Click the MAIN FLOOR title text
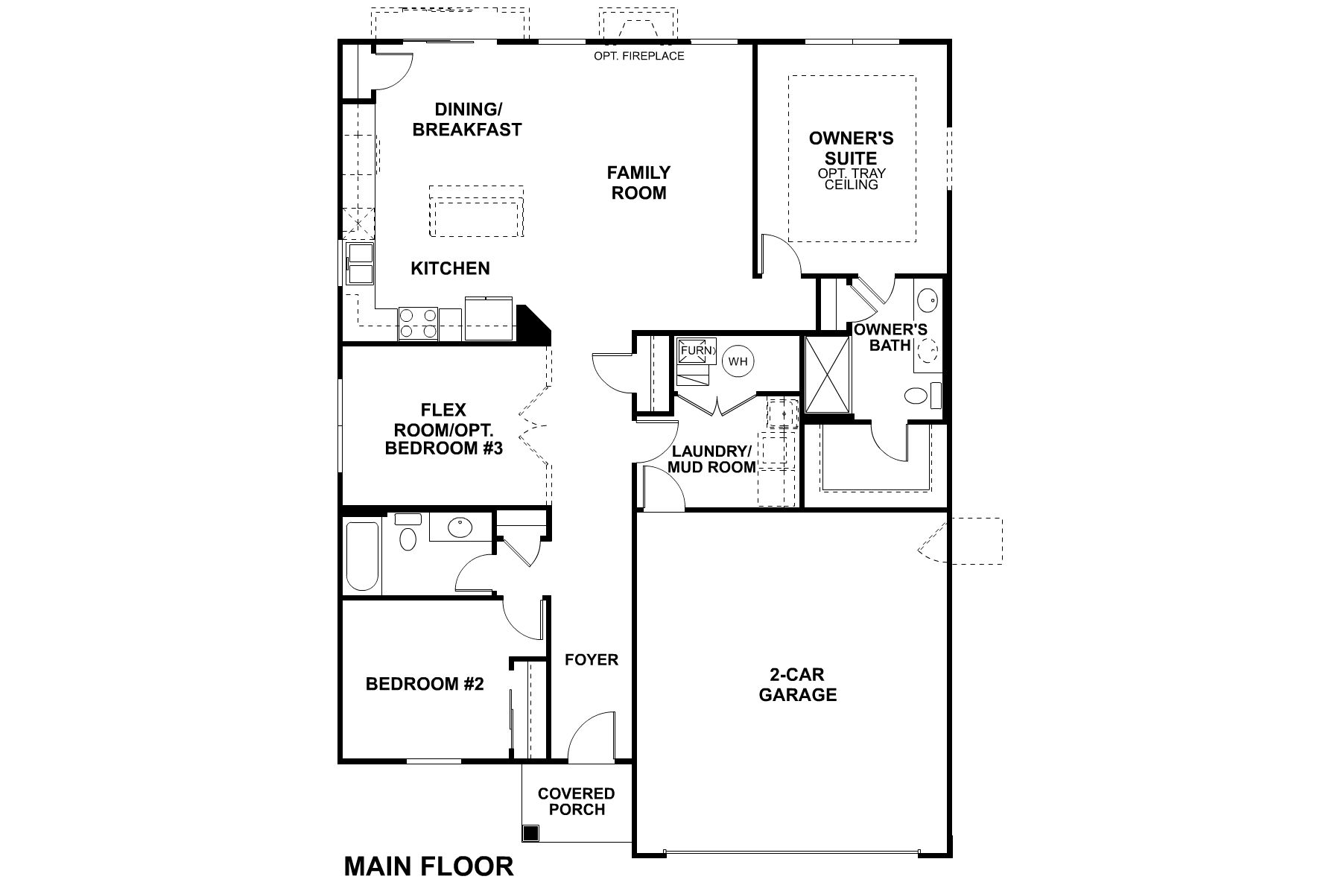pos(428,866)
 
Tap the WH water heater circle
pos(738,361)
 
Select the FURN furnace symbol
pos(696,351)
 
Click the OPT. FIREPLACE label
pos(638,56)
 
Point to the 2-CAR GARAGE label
pos(797,685)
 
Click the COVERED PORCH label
pos(576,802)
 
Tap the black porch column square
pos(530,833)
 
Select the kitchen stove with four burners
pos(418,323)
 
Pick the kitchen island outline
pos(476,212)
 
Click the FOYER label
pos(591,660)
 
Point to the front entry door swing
pos(591,738)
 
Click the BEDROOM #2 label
pos(425,684)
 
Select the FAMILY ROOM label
pos(638,183)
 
